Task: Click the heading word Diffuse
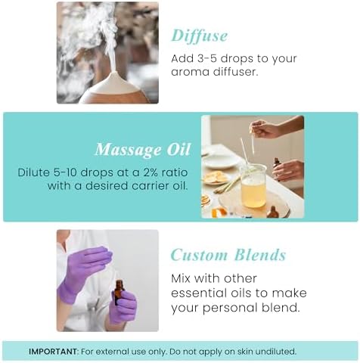(x=199, y=35)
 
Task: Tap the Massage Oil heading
(x=142, y=149)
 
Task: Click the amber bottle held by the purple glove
(x=118, y=292)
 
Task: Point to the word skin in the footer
(x=237, y=351)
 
